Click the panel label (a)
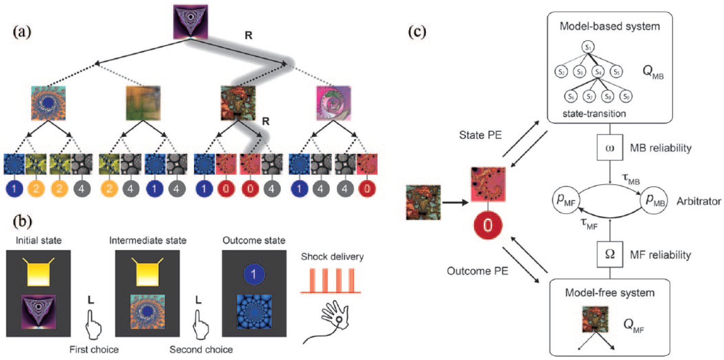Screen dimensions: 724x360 pyautogui.click(x=22, y=31)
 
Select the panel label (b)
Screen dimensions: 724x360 pyautogui.click(x=23, y=221)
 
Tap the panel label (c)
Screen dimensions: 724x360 pyautogui.click(x=417, y=31)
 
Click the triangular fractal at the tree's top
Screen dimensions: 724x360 pyautogui.click(x=191, y=22)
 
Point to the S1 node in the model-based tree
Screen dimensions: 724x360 pyautogui.click(x=588, y=47)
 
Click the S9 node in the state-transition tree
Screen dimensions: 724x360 pyautogui.click(x=625, y=97)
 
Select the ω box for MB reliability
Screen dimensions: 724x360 pyautogui.click(x=610, y=148)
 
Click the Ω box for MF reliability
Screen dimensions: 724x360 pyautogui.click(x=610, y=255)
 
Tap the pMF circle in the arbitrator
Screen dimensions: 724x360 pyautogui.click(x=566, y=200)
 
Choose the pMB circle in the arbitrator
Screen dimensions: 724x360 pyautogui.click(x=654, y=200)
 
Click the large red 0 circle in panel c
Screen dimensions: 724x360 pyautogui.click(x=488, y=224)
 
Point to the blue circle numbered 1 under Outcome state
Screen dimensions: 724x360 pyautogui.click(x=254, y=275)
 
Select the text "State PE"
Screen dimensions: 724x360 pyautogui.click(x=481, y=135)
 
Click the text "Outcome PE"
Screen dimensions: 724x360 pyautogui.click(x=478, y=271)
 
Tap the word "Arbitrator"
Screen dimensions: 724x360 pyautogui.click(x=699, y=201)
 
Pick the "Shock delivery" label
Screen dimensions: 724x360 pyautogui.click(x=332, y=257)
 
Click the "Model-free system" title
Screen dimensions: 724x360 pyautogui.click(x=610, y=292)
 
